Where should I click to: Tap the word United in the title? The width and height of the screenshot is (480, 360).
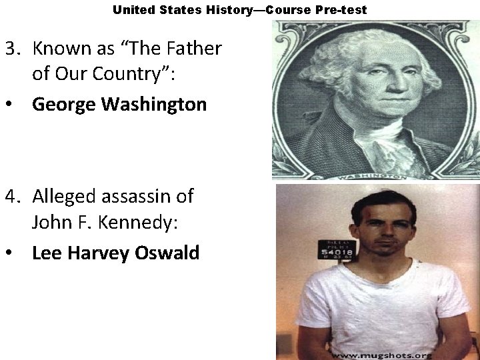pyautogui.click(x=131, y=10)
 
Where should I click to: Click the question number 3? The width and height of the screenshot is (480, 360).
pyautogui.click(x=11, y=49)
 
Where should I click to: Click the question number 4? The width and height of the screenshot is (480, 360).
pyautogui.click(x=12, y=196)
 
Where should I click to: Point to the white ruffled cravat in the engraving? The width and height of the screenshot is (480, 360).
pyautogui.click(x=387, y=143)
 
